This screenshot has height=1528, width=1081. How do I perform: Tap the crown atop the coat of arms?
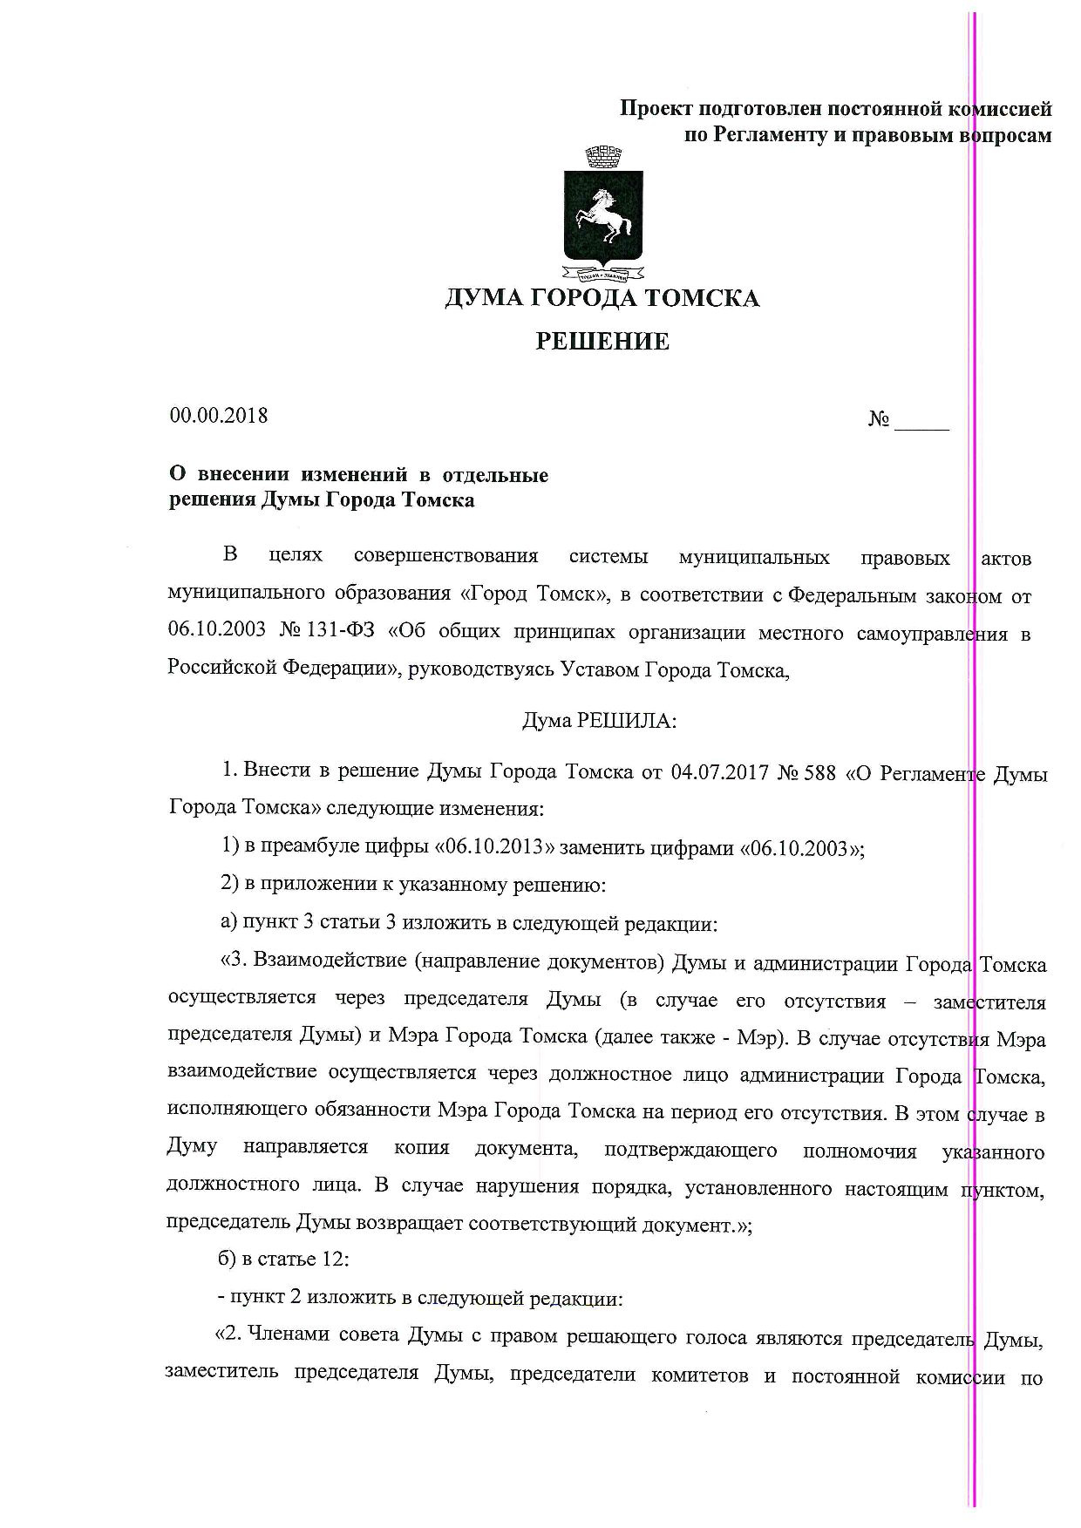(x=603, y=159)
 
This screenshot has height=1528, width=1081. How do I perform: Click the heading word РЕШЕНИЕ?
(x=602, y=342)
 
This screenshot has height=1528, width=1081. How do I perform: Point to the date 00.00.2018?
(x=219, y=416)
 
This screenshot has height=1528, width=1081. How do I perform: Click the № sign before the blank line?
(x=879, y=420)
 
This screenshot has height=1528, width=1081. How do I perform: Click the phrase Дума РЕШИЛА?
(x=599, y=721)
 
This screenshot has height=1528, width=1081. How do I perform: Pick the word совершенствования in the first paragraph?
(x=446, y=556)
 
